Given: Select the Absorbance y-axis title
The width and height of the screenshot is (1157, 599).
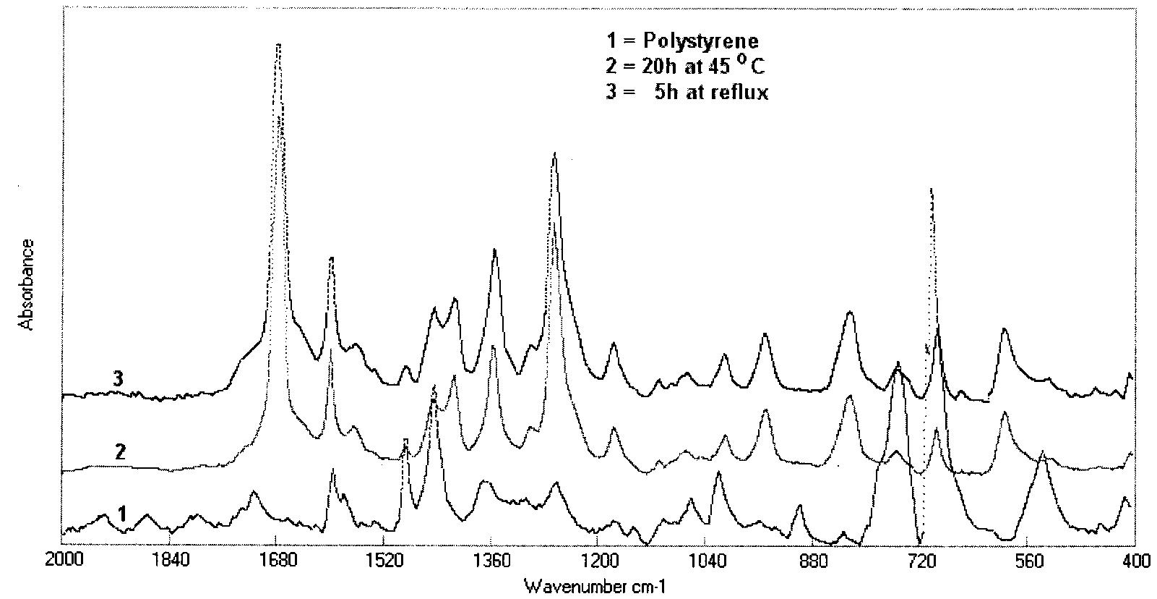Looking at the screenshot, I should point(27,284).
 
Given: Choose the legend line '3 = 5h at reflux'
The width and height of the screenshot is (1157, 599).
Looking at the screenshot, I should point(687,93).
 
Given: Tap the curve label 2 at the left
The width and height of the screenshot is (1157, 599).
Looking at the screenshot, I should point(121,451).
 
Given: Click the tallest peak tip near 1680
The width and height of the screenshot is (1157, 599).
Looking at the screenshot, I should point(278,44).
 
